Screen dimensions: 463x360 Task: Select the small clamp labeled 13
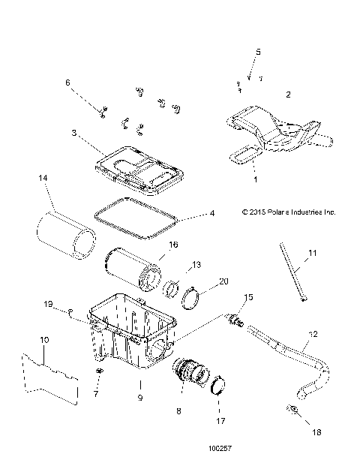click(x=172, y=287)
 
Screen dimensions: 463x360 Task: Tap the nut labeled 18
click(x=293, y=410)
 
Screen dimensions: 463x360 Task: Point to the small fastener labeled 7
click(x=98, y=373)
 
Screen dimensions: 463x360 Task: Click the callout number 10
click(x=44, y=341)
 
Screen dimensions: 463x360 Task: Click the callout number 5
click(x=258, y=53)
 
